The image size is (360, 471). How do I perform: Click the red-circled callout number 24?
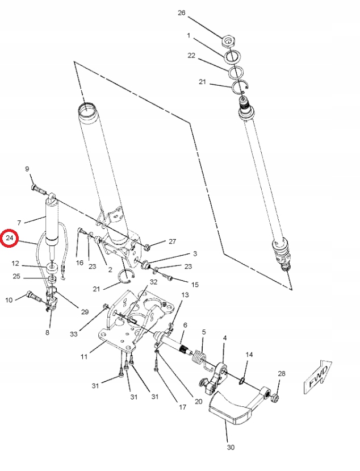coord(10,239)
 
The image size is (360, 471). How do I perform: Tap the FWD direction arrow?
coord(319,376)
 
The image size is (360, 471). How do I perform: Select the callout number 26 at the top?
coord(181,12)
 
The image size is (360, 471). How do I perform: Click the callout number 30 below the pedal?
coord(231,447)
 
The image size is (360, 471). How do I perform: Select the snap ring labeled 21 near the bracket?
coord(125,277)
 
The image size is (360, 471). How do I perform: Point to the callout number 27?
coord(172,241)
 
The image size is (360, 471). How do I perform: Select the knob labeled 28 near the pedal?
coord(274,400)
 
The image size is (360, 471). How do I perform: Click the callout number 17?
coord(183,407)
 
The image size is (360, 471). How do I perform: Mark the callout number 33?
coord(74,334)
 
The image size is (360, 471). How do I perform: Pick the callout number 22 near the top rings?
coord(191,56)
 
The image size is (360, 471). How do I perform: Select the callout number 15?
coord(195,284)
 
